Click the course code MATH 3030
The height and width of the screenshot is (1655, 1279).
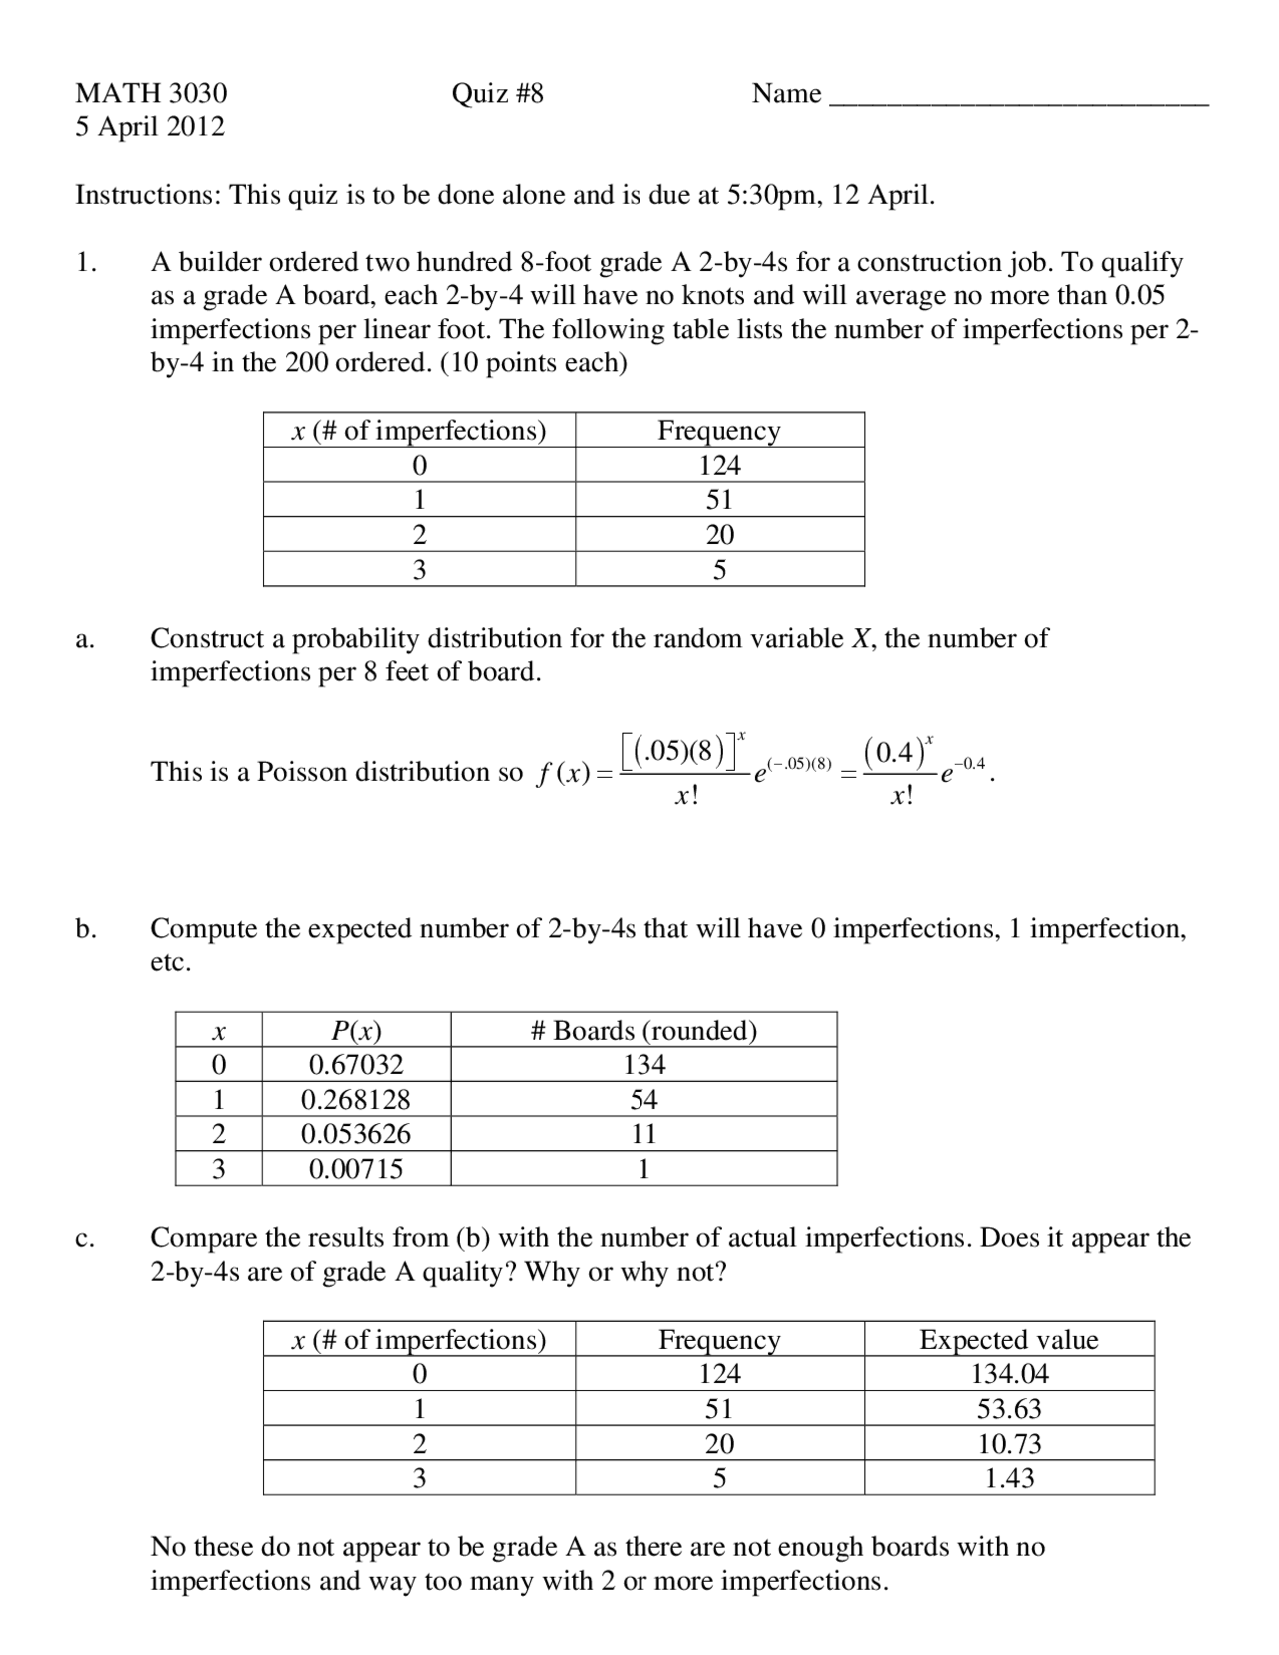tap(151, 93)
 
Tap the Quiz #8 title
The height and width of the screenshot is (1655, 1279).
tap(497, 93)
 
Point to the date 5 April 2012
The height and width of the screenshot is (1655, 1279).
tap(150, 127)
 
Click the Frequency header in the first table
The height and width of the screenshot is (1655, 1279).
tap(718, 430)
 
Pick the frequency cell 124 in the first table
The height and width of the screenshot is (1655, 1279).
tap(719, 465)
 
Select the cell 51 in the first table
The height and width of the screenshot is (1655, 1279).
tap(719, 500)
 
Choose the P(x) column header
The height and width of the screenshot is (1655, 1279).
tap(356, 1030)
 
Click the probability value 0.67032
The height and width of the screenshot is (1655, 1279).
tap(356, 1065)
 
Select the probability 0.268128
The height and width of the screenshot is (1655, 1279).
tap(356, 1100)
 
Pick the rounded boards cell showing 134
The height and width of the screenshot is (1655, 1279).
tap(643, 1065)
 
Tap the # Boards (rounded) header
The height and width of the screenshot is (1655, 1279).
tap(643, 1030)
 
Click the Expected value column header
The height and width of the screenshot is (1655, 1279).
tap(1009, 1339)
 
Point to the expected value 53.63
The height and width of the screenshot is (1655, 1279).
tap(1009, 1409)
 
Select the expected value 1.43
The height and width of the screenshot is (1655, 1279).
tap(1009, 1478)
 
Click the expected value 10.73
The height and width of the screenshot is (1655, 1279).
tap(1009, 1444)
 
